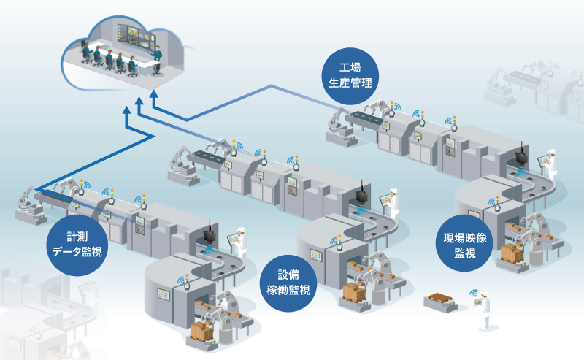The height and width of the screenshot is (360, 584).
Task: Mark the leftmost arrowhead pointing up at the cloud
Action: tap(126, 112)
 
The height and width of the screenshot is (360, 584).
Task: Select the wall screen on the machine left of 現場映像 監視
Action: tap(474, 215)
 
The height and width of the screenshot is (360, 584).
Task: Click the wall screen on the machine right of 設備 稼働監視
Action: tap(316, 256)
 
